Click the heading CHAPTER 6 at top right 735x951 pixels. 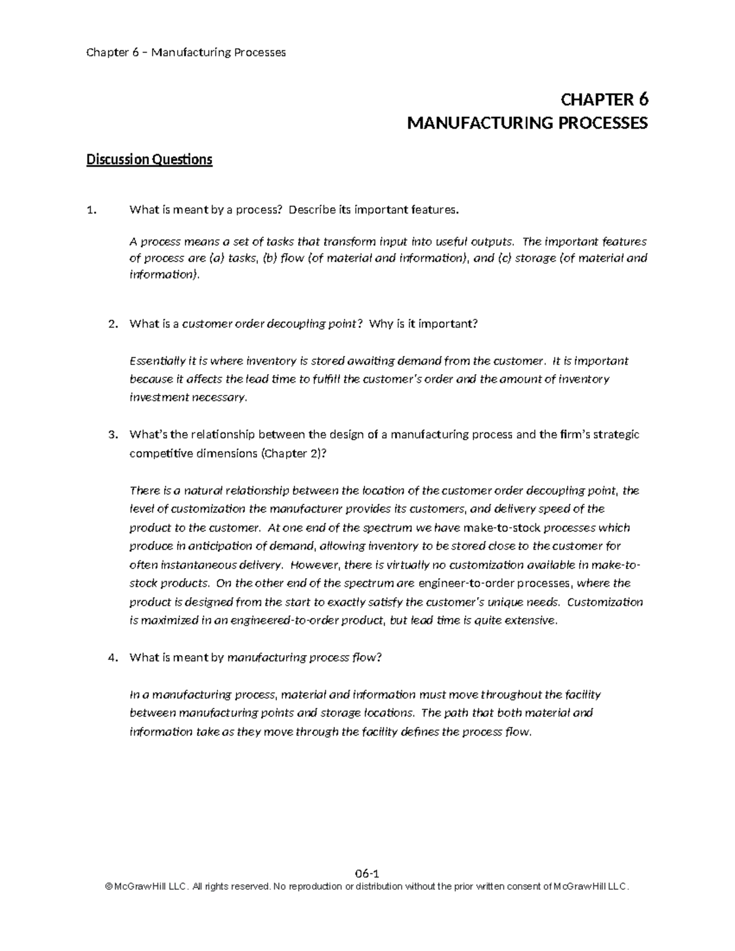coord(604,100)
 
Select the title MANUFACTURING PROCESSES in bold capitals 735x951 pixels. coord(527,124)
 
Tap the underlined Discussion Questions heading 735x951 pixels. coord(149,160)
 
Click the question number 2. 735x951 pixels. coord(111,324)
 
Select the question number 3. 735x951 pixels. coord(111,435)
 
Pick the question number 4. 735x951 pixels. coord(111,658)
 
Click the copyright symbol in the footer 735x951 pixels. coord(109,887)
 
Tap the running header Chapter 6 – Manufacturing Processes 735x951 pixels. coord(186,52)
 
